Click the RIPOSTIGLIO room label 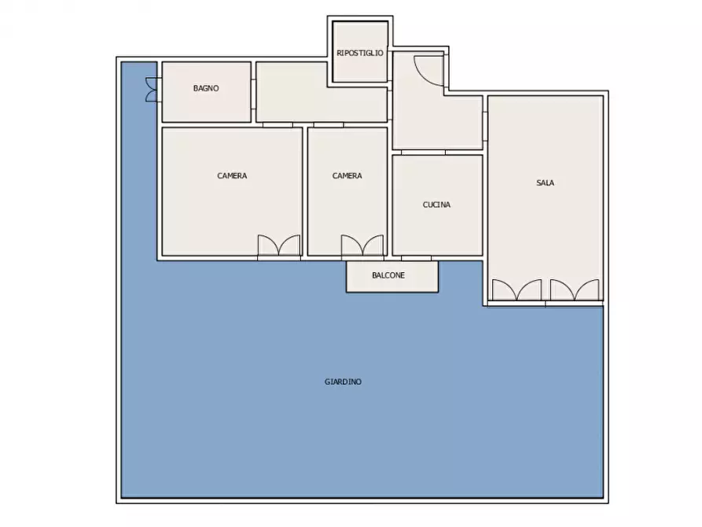360,53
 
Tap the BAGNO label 206,88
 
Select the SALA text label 545,182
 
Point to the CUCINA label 436,205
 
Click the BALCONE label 388,275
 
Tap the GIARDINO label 344,381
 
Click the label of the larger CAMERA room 232,175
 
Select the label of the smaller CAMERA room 347,175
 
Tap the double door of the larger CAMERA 279,245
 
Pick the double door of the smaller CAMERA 362,245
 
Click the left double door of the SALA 516,290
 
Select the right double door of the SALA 575,290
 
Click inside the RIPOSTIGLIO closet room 360,67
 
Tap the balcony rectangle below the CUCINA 391,277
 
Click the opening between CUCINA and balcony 416,257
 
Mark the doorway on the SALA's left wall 485,125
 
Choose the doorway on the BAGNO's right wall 253,90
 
